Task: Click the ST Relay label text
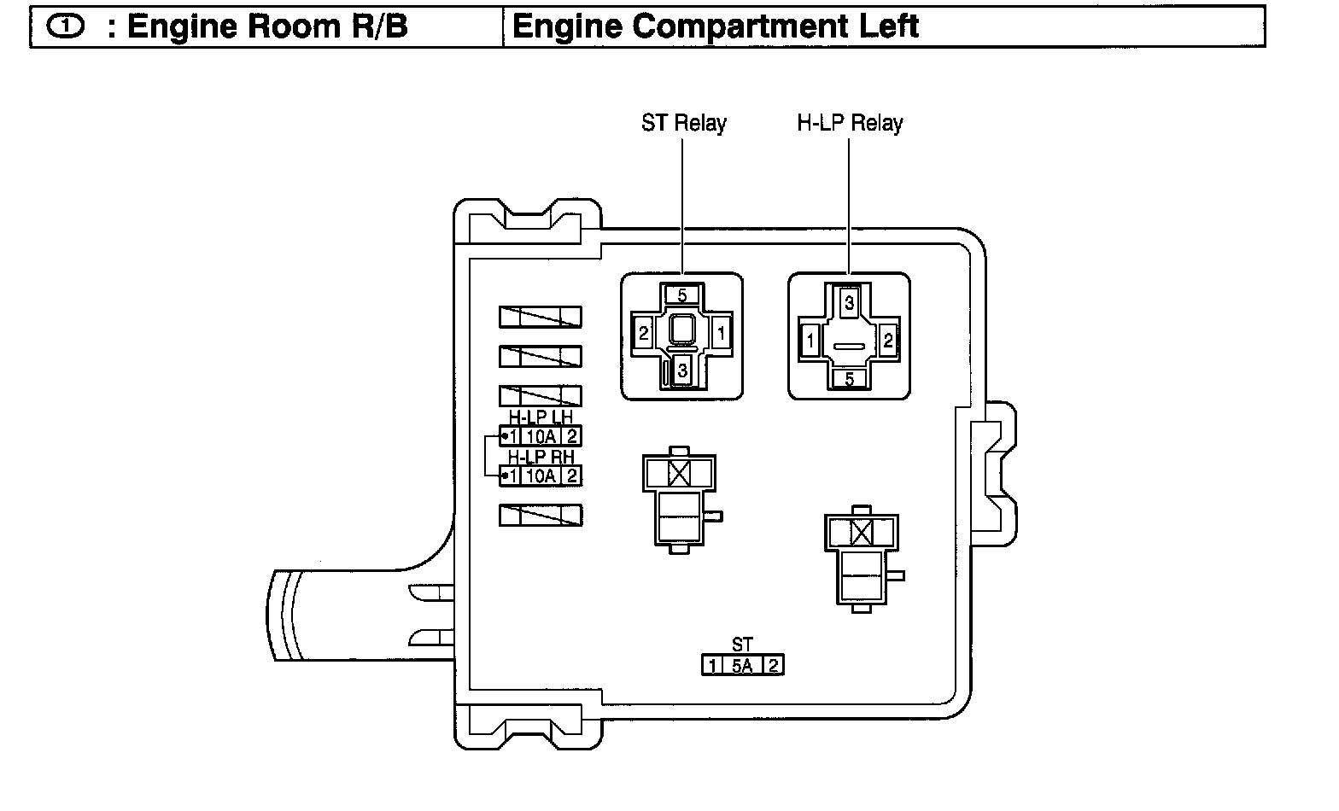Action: point(683,123)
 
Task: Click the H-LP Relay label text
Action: point(850,123)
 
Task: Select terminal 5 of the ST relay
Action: point(681,295)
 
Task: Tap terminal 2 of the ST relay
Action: point(644,334)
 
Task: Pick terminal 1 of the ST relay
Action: point(721,334)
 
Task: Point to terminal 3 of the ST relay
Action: point(681,371)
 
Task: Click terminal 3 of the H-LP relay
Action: point(849,301)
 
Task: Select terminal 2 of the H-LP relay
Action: point(888,341)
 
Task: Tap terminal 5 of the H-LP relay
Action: point(849,379)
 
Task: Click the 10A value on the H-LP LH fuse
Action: point(541,436)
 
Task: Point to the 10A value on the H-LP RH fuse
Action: point(541,476)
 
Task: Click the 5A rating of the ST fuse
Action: point(742,665)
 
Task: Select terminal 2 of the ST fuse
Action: point(773,665)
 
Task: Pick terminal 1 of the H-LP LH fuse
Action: point(512,436)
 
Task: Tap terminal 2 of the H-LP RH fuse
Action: point(571,476)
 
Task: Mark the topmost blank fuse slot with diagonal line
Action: point(541,316)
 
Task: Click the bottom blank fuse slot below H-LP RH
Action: point(541,515)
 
